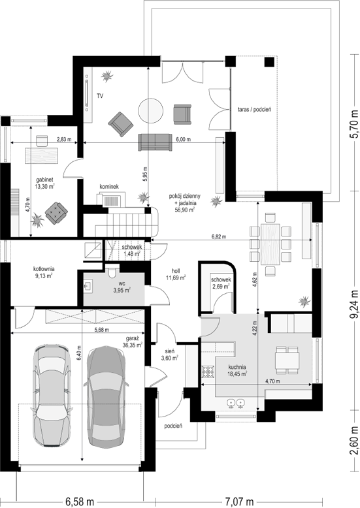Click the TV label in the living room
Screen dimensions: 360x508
point(100,96)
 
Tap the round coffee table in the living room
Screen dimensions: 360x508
point(151,110)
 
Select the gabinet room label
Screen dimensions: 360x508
point(45,179)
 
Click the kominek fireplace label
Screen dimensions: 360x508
point(109,187)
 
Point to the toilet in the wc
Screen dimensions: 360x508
point(112,272)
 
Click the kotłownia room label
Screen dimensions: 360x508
point(44,268)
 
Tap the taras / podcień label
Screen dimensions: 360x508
point(254,110)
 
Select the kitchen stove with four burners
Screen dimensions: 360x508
point(208,372)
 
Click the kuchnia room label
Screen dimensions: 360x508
point(237,367)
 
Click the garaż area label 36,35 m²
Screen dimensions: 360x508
point(133,345)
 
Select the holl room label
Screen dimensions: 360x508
point(176,271)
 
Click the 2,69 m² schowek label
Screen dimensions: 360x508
point(221,286)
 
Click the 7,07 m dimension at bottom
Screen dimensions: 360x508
point(239,502)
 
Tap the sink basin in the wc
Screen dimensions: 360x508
point(88,286)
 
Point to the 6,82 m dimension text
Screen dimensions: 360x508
point(219,236)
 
